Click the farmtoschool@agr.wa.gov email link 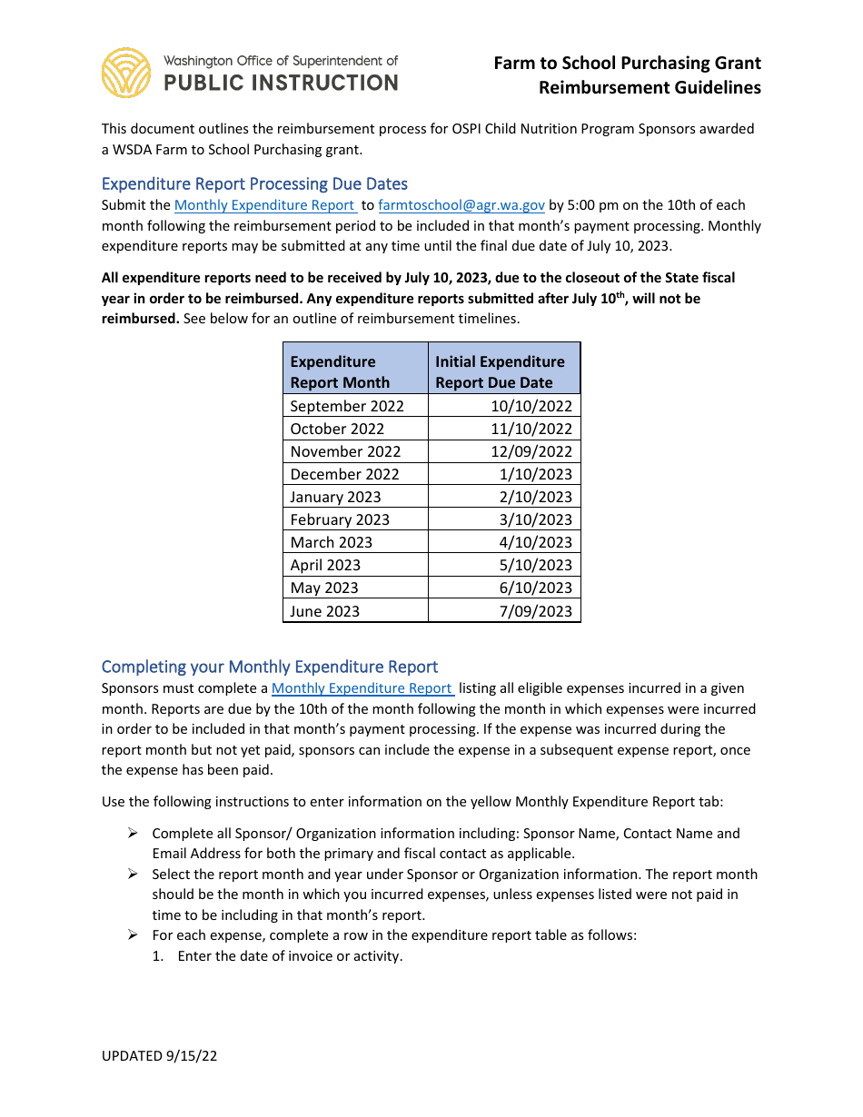pos(461,205)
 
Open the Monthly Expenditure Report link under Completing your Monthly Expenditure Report pos(362,688)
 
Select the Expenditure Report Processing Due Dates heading pos(254,183)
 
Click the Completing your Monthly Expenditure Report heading pos(270,667)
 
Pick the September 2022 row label pos(346,406)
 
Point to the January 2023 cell pos(335,497)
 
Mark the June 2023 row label pos(324,611)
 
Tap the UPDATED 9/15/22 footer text pos(159,1055)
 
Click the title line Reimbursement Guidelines pos(650,88)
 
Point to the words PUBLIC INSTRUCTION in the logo pos(280,83)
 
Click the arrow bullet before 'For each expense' pos(132,934)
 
